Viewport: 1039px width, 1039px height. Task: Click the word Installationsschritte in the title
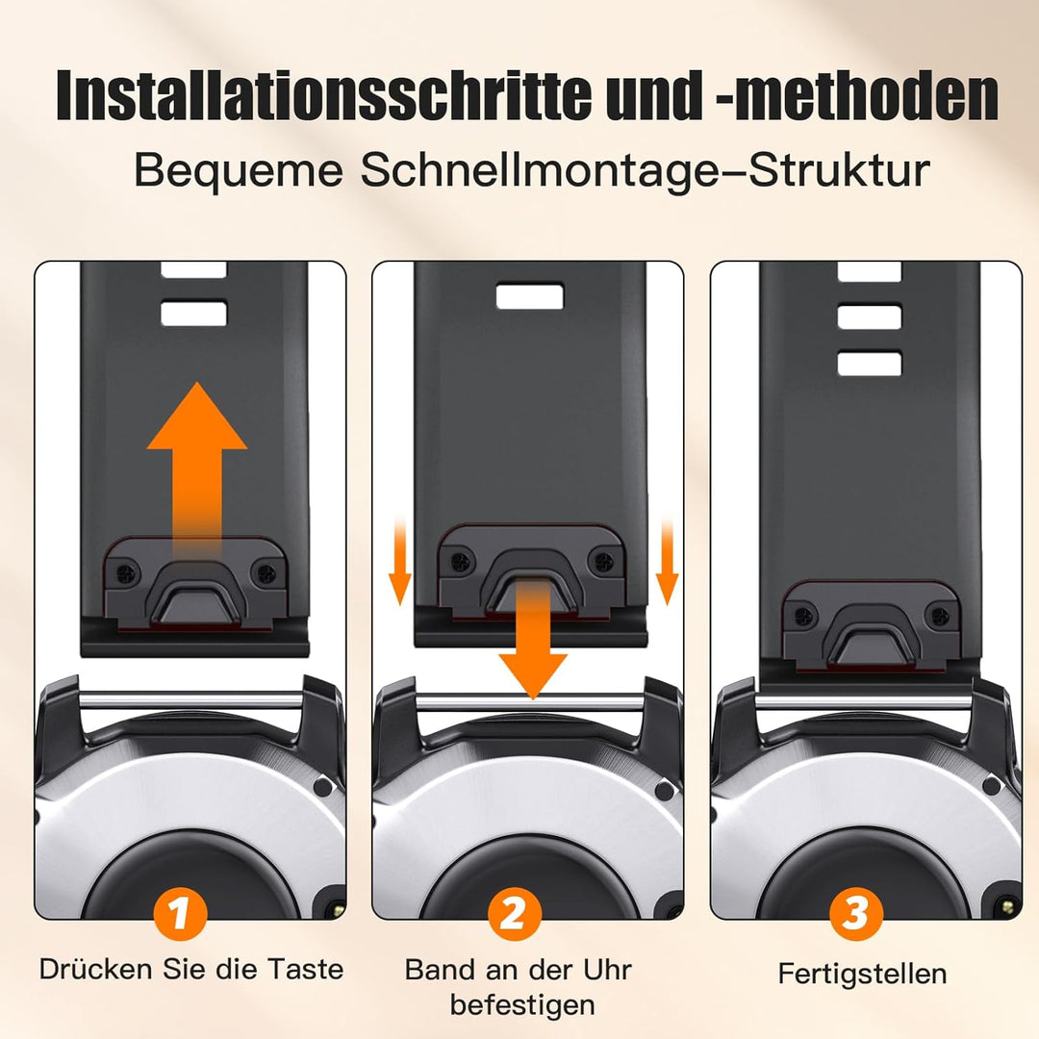(x=324, y=96)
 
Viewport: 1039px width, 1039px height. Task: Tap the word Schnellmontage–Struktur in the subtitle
(x=646, y=170)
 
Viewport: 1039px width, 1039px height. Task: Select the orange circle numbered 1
(x=180, y=914)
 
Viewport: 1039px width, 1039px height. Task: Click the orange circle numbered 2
(x=514, y=914)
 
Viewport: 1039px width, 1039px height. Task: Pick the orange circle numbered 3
(x=856, y=914)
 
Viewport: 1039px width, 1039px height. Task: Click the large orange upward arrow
(x=197, y=464)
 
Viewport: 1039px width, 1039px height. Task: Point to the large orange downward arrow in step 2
(x=533, y=636)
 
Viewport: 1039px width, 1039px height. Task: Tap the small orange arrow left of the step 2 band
(x=399, y=562)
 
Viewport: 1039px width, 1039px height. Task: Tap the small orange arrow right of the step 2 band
(x=667, y=562)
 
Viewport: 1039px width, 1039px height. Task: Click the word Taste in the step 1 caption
(x=306, y=970)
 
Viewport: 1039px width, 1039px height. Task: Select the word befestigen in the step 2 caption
(x=522, y=1005)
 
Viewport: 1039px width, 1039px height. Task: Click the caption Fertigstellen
(x=862, y=974)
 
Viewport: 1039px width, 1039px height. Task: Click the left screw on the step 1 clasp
(x=126, y=572)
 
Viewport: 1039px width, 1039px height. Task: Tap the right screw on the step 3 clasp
(x=939, y=617)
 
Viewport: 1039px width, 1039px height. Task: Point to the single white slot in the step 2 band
(x=530, y=297)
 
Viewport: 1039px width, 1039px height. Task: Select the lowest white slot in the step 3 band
(x=870, y=364)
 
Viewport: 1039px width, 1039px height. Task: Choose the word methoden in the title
(x=866, y=96)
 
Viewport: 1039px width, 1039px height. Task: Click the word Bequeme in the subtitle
(x=239, y=171)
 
